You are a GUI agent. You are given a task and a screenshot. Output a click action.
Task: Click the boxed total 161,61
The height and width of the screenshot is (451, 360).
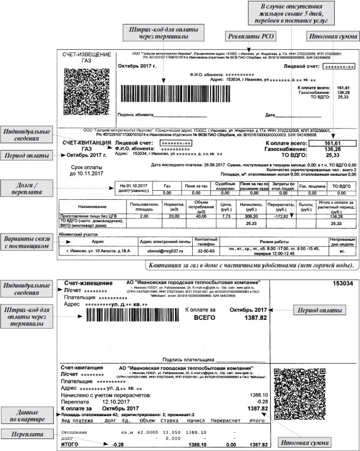[x=332, y=143]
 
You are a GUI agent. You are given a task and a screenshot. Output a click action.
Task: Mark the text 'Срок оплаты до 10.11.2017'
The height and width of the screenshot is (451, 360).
[x=87, y=170]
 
